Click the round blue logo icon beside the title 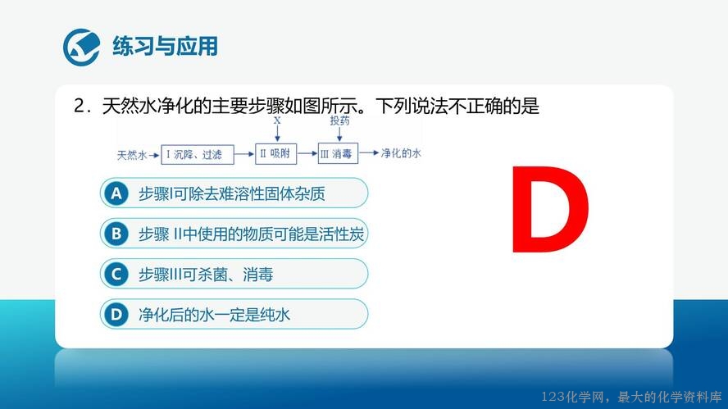pyautogui.click(x=82, y=47)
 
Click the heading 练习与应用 pyautogui.click(x=166, y=47)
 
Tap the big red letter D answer pyautogui.click(x=550, y=210)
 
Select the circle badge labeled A pyautogui.click(x=116, y=193)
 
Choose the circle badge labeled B pyautogui.click(x=116, y=234)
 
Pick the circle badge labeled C pyautogui.click(x=116, y=274)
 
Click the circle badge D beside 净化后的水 pyautogui.click(x=116, y=314)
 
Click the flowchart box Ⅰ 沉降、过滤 pyautogui.click(x=198, y=154)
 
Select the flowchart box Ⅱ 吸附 pyautogui.click(x=275, y=153)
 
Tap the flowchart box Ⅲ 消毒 pyautogui.click(x=338, y=153)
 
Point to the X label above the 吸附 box pyautogui.click(x=277, y=120)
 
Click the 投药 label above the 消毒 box pyautogui.click(x=339, y=120)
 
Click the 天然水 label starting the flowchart pyautogui.click(x=132, y=155)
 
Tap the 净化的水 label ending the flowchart pyautogui.click(x=401, y=153)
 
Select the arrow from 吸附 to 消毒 pyautogui.click(x=307, y=153)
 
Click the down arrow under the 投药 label pyautogui.click(x=339, y=134)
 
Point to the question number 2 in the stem pyautogui.click(x=79, y=107)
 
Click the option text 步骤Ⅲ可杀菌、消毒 pyautogui.click(x=206, y=275)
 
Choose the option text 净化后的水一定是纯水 pyautogui.click(x=214, y=315)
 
